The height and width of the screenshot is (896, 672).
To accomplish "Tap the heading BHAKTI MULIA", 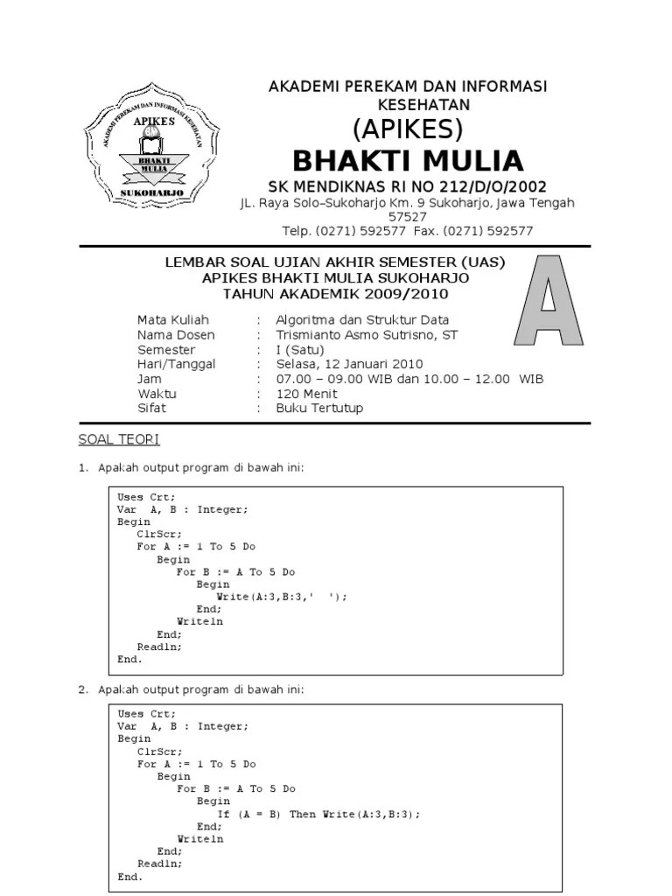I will click(x=407, y=161).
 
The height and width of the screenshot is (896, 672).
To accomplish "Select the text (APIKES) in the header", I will click(x=407, y=129).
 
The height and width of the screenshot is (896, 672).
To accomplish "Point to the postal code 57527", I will click(x=407, y=217).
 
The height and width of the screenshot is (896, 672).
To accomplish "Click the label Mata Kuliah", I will click(x=173, y=320).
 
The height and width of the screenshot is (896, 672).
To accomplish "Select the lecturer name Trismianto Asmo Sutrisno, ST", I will click(x=367, y=335).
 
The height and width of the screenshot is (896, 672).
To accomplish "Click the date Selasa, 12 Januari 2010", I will click(x=349, y=364).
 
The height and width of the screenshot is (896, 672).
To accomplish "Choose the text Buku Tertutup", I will click(x=319, y=408).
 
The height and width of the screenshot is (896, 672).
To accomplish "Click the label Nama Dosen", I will click(x=176, y=335).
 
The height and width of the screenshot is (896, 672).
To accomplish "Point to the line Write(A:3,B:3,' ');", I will click(x=282, y=597).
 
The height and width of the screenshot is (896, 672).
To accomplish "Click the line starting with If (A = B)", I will click(x=318, y=814).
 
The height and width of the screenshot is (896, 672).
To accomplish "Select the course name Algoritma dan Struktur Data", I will click(x=362, y=320).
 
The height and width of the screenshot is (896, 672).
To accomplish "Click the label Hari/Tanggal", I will click(x=177, y=364).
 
